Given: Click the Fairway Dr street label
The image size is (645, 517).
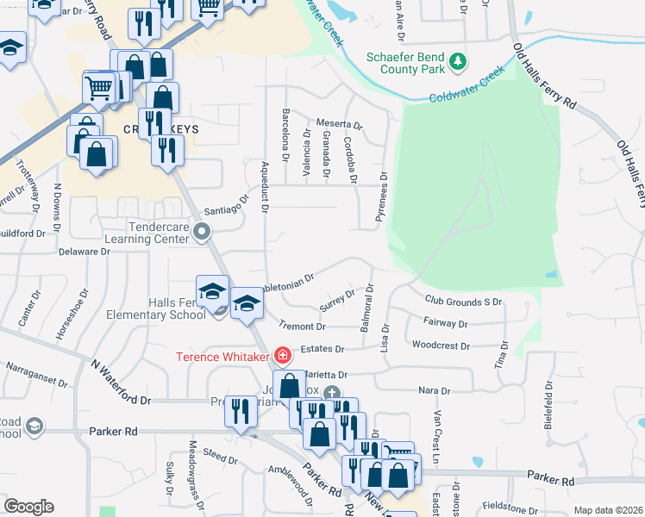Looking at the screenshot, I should pos(446,324).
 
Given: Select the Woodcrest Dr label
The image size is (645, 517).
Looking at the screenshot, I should pos(441,346).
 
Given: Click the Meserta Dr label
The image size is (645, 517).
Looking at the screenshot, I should pos(340,124).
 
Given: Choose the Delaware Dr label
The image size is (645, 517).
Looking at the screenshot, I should pos(85,252).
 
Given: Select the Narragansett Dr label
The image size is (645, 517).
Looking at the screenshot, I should pos(36,365).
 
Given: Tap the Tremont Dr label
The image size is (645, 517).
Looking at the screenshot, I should pos(303,327).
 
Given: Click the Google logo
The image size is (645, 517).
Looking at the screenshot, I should pos(29,507).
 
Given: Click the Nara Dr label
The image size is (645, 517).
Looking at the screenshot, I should pos(429,390).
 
